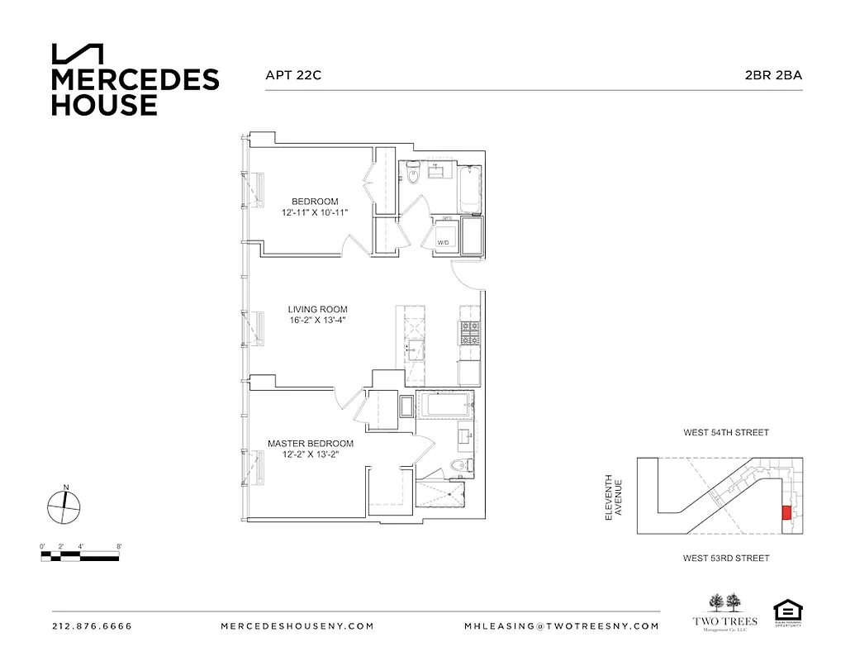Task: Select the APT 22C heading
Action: pyautogui.click(x=292, y=74)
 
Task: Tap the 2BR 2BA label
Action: pyautogui.click(x=773, y=74)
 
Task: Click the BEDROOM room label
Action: pyautogui.click(x=314, y=202)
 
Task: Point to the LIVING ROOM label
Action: pyautogui.click(x=317, y=310)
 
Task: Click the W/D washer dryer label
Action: pyautogui.click(x=443, y=242)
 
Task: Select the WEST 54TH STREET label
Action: pyautogui.click(x=725, y=432)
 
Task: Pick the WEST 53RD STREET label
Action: pyautogui.click(x=725, y=559)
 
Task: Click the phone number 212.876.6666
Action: pyautogui.click(x=92, y=626)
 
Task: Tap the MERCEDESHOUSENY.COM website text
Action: pyautogui.click(x=297, y=626)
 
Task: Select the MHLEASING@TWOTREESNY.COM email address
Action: pyautogui.click(x=562, y=626)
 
